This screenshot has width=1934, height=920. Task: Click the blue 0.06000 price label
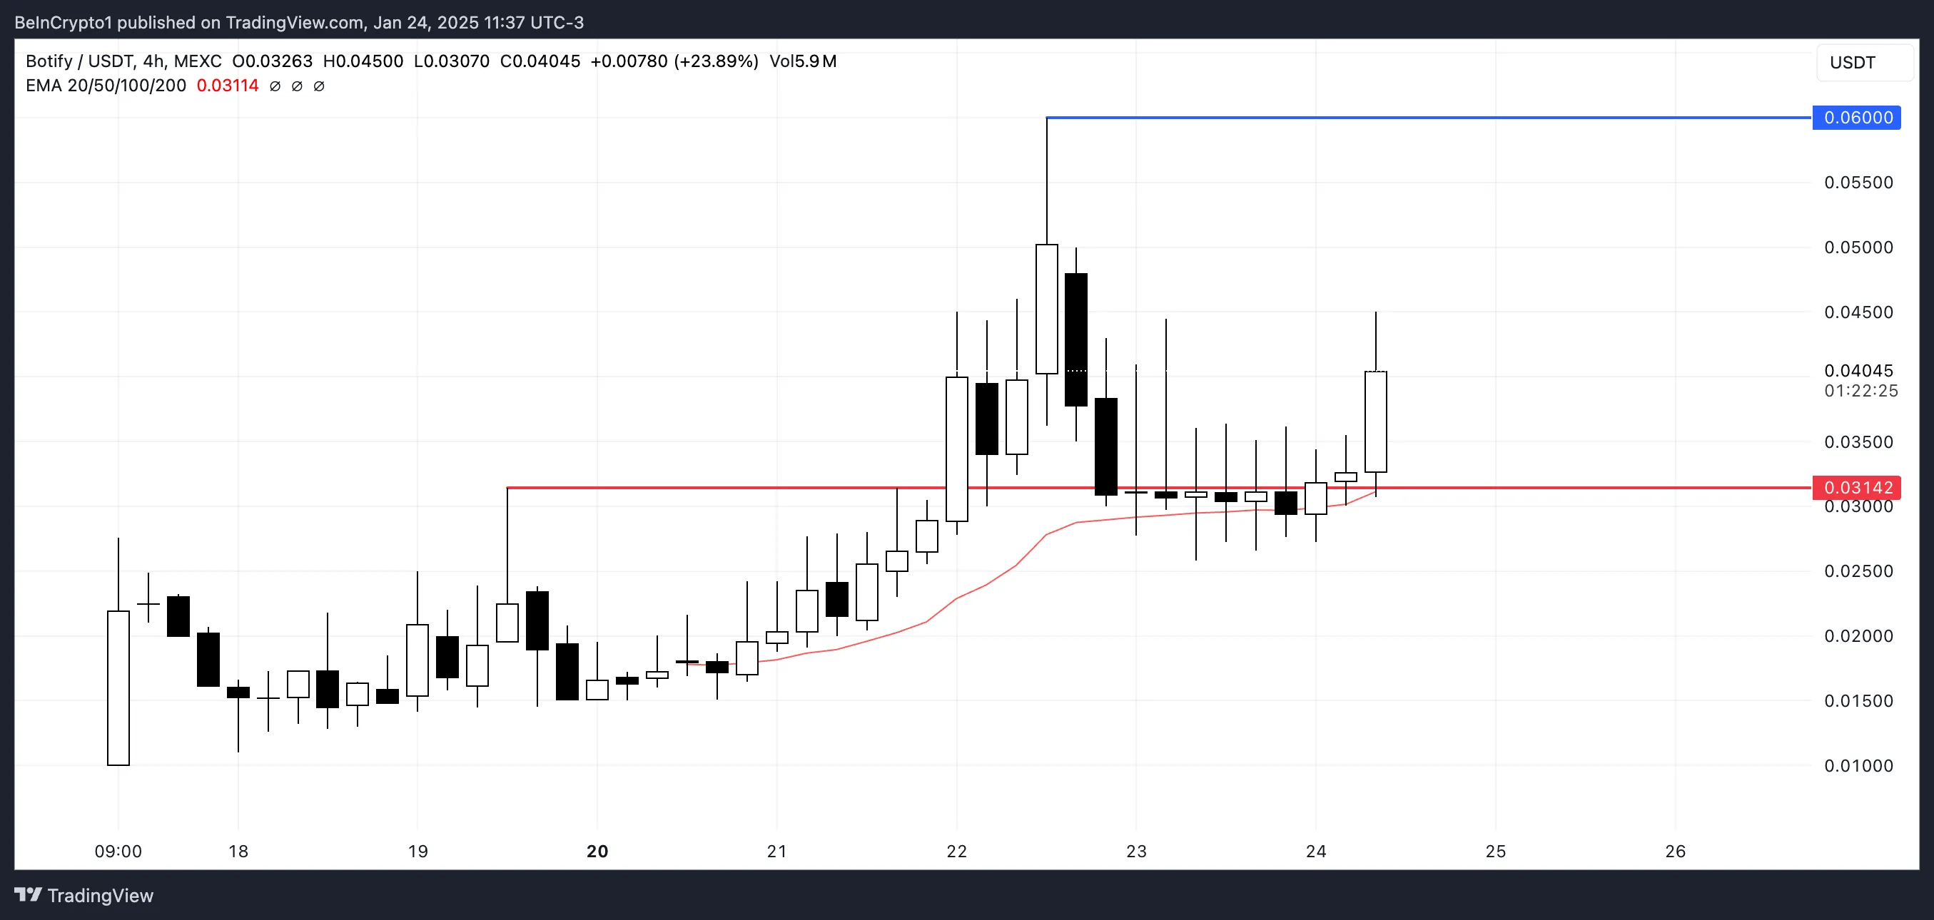[x=1857, y=118]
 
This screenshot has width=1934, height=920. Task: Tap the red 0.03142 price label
[x=1857, y=488]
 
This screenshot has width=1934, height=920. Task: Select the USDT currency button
[x=1852, y=62]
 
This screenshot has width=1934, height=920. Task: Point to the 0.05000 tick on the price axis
[x=1858, y=247]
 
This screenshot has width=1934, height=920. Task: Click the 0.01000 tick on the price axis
[x=1858, y=766]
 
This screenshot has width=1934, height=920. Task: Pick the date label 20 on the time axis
[x=597, y=852]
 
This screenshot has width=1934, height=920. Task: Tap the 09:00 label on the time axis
[x=118, y=852]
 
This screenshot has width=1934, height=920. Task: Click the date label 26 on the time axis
[x=1675, y=852]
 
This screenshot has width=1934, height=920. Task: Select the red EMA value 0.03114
[x=228, y=86]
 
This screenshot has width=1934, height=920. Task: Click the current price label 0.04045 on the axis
[x=1858, y=371]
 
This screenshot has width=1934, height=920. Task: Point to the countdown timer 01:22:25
[x=1860, y=391]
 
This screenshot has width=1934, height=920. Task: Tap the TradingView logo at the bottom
[x=84, y=895]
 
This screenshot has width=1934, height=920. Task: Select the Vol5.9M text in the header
[x=803, y=61]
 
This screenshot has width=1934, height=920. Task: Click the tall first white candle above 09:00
[x=118, y=688]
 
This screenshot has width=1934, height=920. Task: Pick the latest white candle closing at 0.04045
[x=1375, y=421]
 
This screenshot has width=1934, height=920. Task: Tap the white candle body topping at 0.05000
[x=1047, y=310]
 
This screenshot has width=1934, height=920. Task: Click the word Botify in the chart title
[x=49, y=61]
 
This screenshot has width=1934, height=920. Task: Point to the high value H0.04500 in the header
[x=363, y=61]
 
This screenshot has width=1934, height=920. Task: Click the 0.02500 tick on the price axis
[x=1858, y=571]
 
